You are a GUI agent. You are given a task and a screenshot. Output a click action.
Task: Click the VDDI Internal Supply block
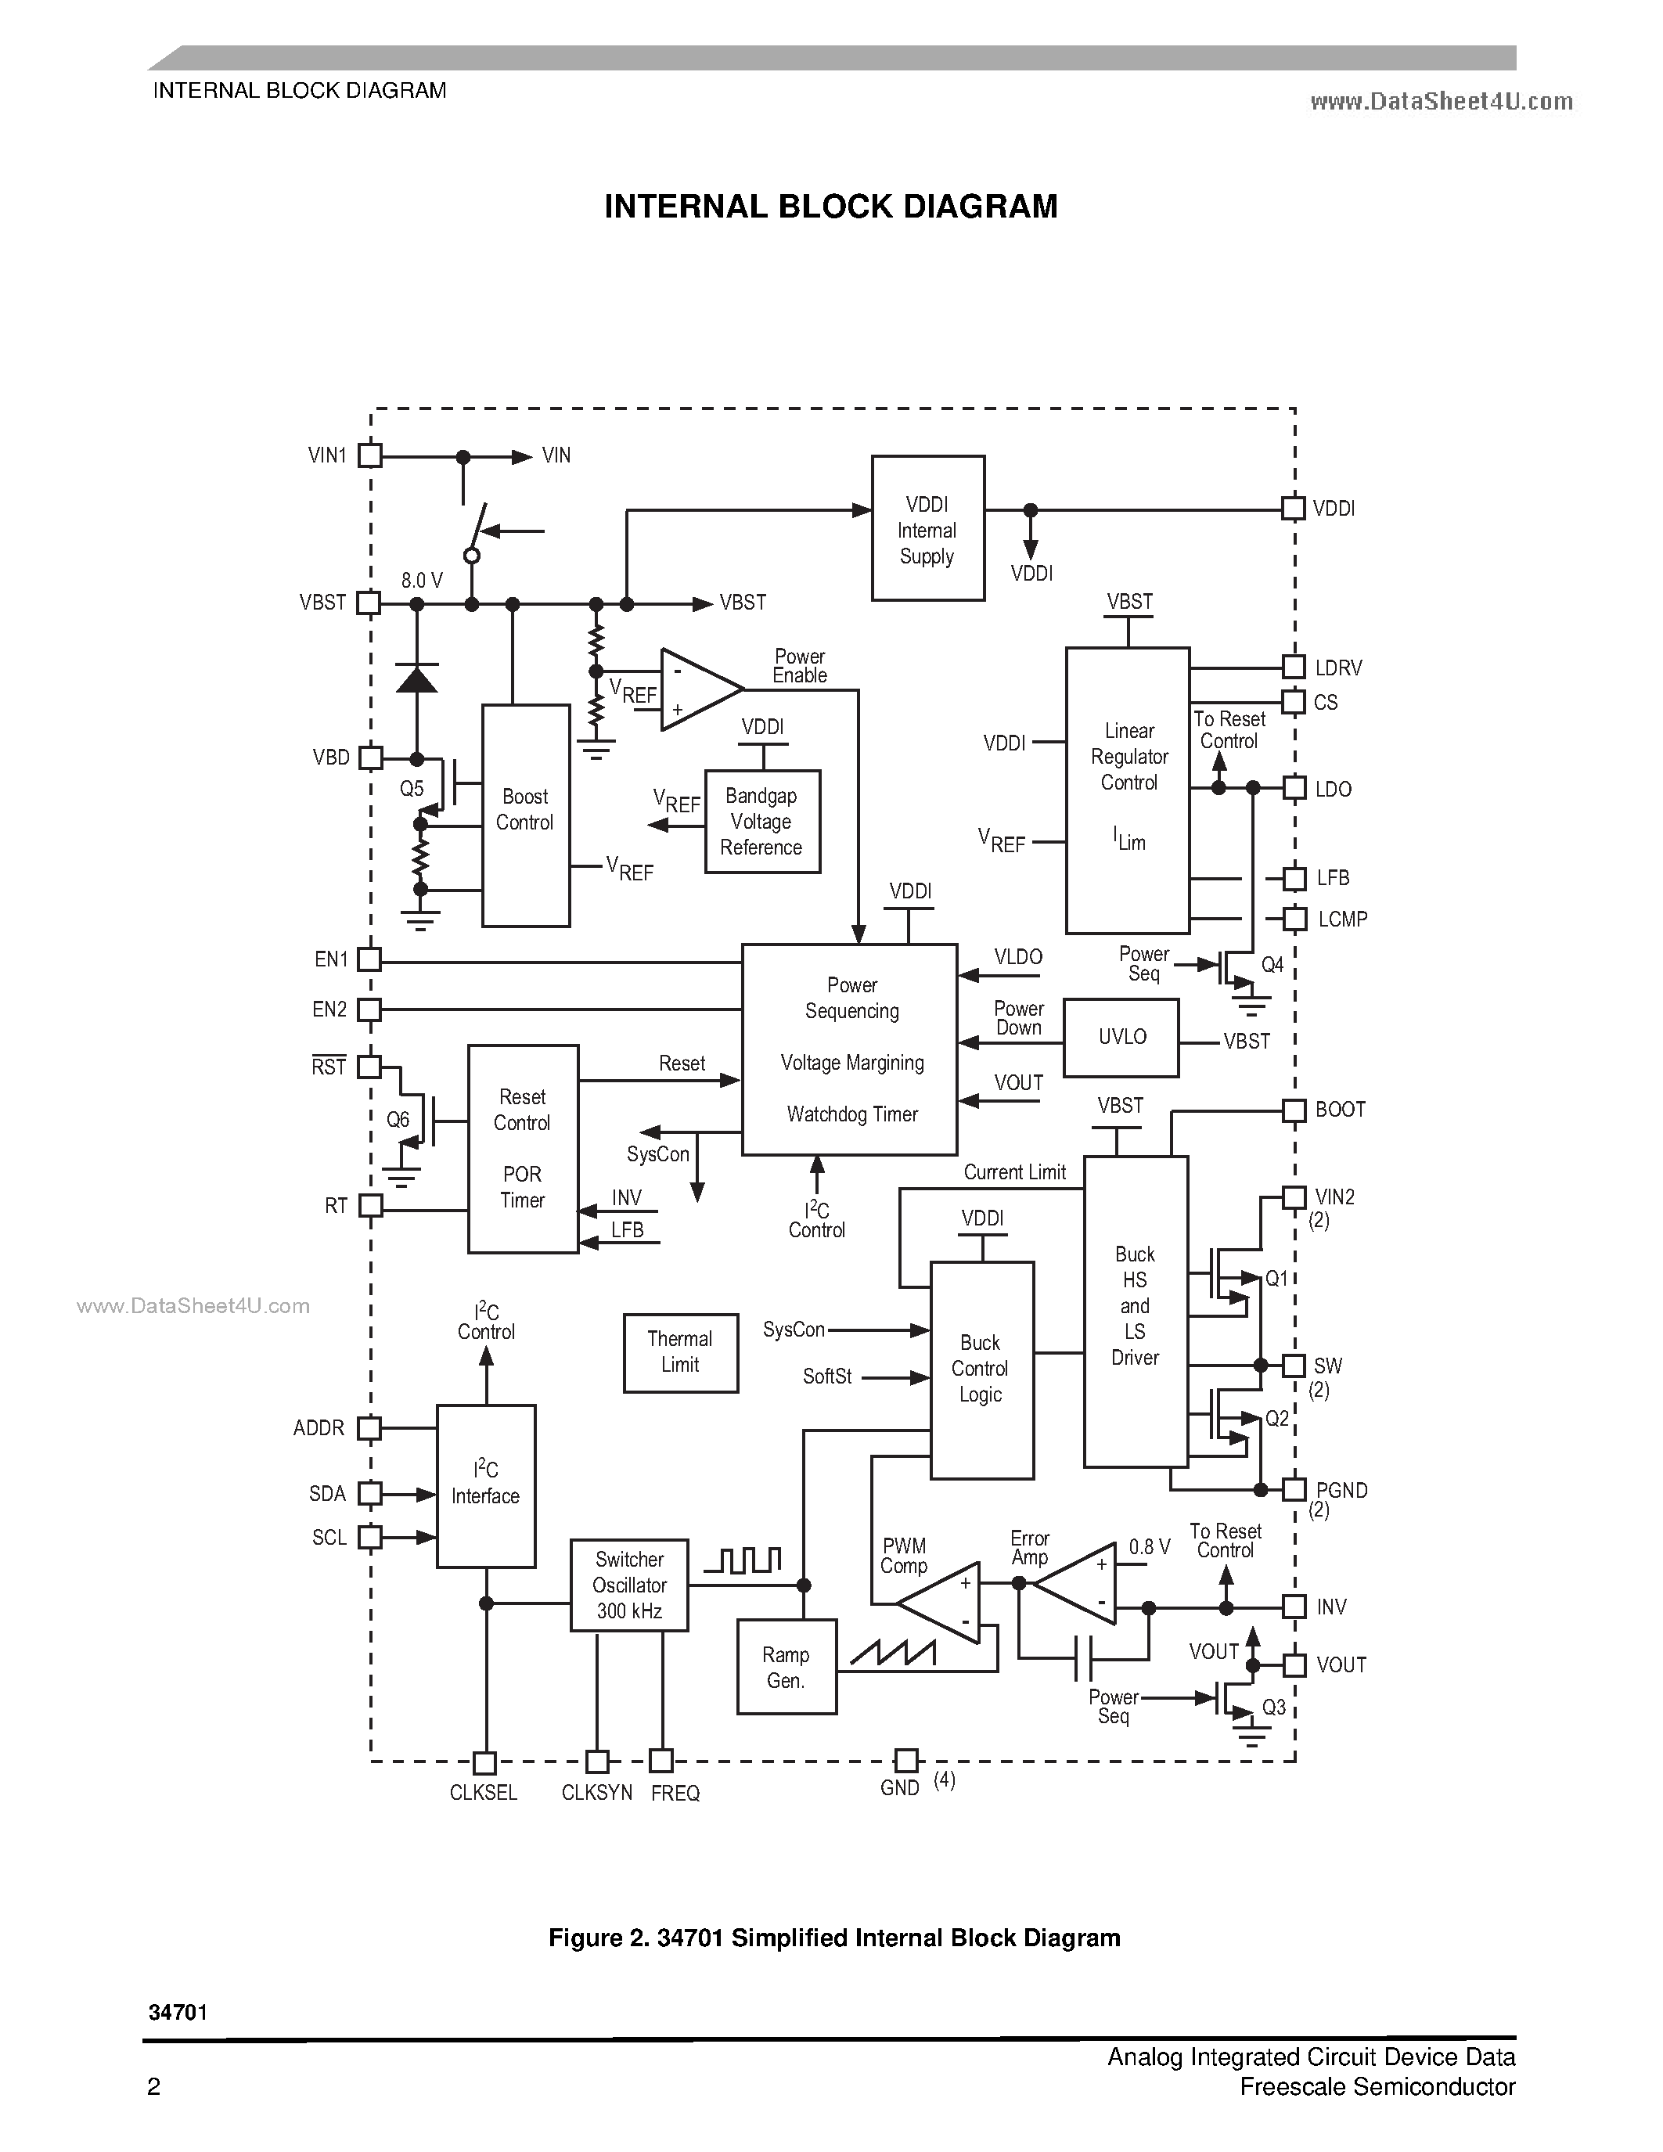[x=927, y=528]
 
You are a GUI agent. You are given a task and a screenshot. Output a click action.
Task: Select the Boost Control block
[x=525, y=815]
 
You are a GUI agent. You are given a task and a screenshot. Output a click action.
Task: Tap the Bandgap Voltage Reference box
[x=761, y=821]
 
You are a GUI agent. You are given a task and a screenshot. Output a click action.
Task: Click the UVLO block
[x=1121, y=1038]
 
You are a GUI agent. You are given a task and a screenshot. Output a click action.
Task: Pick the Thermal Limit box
[x=680, y=1352]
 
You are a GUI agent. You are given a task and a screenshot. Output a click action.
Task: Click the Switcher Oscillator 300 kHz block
[x=628, y=1585]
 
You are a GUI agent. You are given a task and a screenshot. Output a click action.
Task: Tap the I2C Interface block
[x=486, y=1485]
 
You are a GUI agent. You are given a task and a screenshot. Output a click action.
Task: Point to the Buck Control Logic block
[x=981, y=1369]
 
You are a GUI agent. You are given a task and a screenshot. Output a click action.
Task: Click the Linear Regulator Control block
[x=1127, y=790]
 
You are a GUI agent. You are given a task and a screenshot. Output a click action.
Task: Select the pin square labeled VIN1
[x=369, y=455]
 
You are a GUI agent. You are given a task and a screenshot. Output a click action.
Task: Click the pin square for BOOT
[x=1294, y=1110]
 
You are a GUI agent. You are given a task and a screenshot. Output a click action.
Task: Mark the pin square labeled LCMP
[x=1294, y=919]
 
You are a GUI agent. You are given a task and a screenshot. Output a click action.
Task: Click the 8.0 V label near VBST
[x=422, y=581]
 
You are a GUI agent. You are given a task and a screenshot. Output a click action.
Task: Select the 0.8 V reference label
[x=1149, y=1547]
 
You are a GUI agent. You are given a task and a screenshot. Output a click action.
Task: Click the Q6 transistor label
[x=398, y=1119]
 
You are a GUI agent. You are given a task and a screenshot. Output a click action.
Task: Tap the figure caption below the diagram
[x=833, y=1938]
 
